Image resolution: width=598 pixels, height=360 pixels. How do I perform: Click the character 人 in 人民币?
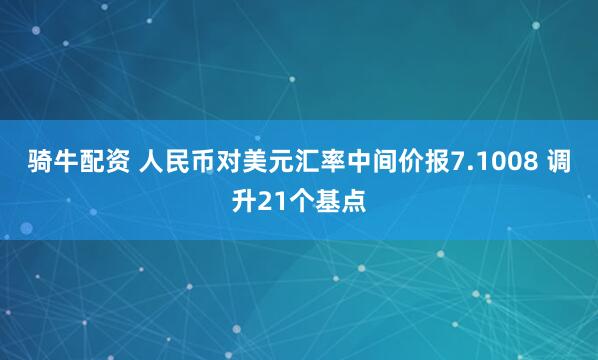[x=139, y=162]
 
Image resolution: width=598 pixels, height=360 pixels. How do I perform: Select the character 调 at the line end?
[x=562, y=162]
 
